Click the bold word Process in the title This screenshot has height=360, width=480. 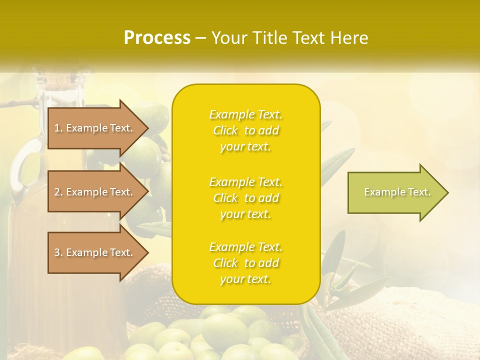[157, 38]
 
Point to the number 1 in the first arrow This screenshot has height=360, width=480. [57, 128]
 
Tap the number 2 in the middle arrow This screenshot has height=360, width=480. [57, 192]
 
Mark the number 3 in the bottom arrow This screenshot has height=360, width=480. [57, 252]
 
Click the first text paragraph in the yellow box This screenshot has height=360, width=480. [245, 130]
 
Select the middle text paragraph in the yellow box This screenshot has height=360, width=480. [245, 198]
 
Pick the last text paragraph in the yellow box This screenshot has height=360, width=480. [245, 263]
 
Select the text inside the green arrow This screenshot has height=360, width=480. [397, 192]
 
